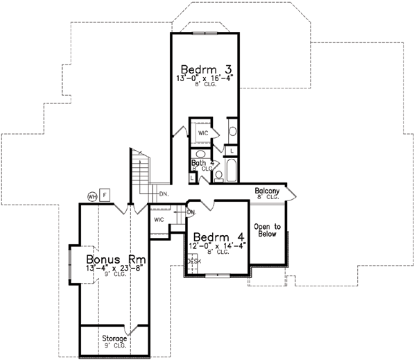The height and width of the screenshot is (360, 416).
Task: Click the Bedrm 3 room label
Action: click(x=206, y=69)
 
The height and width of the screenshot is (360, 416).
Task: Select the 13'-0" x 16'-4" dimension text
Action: click(x=206, y=79)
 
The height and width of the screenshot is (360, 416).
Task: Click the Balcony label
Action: click(x=267, y=191)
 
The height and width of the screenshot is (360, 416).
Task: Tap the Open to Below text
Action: click(x=266, y=230)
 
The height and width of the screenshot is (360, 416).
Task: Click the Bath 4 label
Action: click(x=201, y=164)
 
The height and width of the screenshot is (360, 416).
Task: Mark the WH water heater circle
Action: click(x=92, y=196)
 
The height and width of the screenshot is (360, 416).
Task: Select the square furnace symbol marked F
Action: click(x=105, y=194)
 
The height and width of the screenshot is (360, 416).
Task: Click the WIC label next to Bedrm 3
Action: click(x=203, y=132)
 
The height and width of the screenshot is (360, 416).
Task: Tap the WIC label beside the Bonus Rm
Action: click(x=159, y=219)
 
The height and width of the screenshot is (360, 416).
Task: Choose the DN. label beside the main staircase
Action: click(x=164, y=194)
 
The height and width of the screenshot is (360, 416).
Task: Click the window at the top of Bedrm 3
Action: click(x=205, y=33)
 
